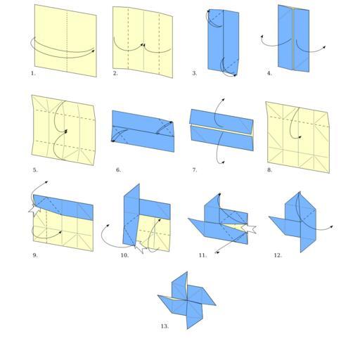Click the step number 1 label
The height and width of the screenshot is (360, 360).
(33, 73)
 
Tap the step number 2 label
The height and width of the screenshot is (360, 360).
(115, 73)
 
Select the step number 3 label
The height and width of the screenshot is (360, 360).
(195, 73)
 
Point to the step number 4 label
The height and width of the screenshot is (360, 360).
(269, 73)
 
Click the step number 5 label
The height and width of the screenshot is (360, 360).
(35, 170)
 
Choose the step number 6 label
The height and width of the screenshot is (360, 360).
(119, 170)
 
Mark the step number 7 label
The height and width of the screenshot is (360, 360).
(195, 170)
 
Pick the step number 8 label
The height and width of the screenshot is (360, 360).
(269, 170)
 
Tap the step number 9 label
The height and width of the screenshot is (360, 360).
(35, 255)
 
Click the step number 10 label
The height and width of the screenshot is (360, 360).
(124, 255)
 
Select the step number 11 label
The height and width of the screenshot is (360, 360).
(202, 255)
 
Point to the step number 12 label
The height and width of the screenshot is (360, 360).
(278, 255)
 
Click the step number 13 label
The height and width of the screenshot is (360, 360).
(165, 326)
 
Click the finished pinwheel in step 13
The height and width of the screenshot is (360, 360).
(187, 301)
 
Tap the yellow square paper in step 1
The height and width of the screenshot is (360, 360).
(65, 41)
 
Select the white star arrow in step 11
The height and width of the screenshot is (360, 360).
(249, 229)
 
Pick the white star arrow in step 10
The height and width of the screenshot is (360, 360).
(140, 247)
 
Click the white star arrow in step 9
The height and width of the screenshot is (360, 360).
(34, 210)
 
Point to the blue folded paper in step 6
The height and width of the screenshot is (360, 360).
(143, 131)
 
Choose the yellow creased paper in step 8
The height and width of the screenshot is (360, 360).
(297, 137)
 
